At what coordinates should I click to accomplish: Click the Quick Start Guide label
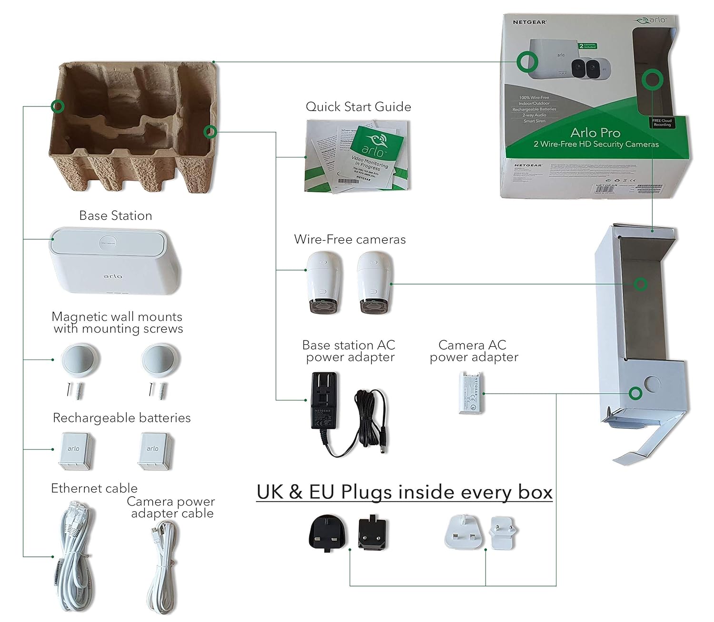click(358, 107)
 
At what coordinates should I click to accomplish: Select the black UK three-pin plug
click(327, 534)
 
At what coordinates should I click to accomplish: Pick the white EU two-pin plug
click(504, 533)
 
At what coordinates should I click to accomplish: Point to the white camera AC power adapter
click(472, 393)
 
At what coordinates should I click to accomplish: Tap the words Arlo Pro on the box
click(595, 133)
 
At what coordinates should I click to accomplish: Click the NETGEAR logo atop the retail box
click(529, 22)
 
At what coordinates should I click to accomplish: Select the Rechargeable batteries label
click(121, 418)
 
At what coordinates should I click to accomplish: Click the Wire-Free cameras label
click(350, 239)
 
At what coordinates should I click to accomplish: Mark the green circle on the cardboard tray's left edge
click(58, 106)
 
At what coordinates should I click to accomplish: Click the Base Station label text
click(116, 216)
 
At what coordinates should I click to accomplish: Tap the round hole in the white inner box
click(652, 384)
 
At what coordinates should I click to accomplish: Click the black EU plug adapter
click(373, 534)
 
